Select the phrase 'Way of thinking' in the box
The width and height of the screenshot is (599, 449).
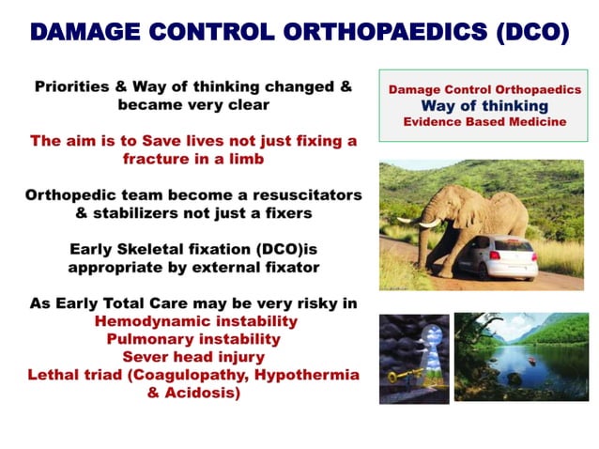coord(484,106)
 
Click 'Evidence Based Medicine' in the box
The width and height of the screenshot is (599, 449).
coord(484,123)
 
